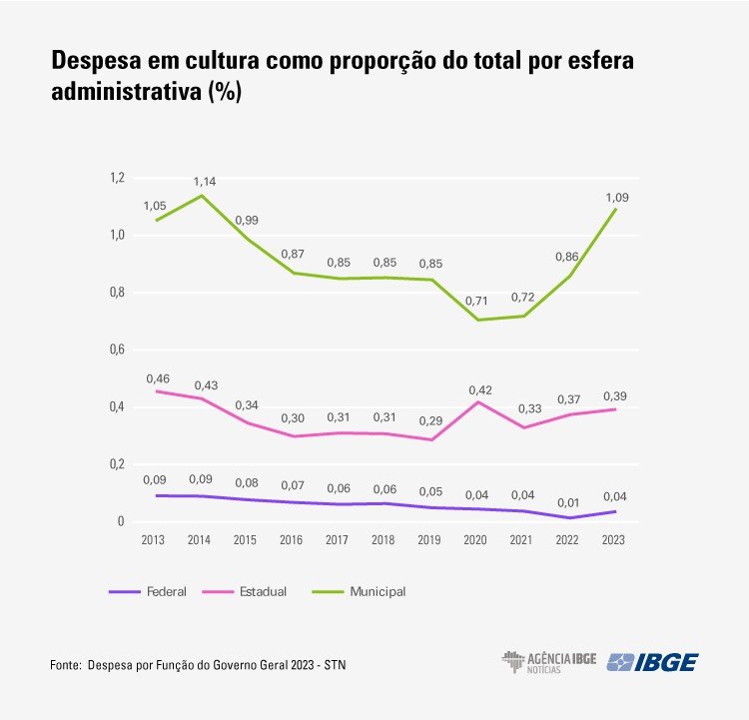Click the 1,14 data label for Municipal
pos(204,181)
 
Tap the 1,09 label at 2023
pos(617,198)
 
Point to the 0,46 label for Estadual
pos(158,379)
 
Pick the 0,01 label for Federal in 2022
pos(566,496)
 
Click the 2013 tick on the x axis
pos(155,540)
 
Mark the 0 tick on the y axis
pos(120,521)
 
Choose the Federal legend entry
pos(166,592)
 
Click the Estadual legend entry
pos(263,592)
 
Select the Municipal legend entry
pos(377,592)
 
